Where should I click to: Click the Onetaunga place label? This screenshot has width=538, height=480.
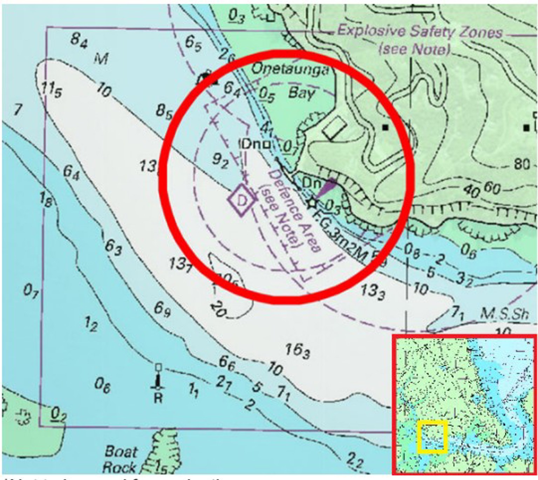tap(290, 69)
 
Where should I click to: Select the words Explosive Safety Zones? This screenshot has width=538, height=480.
tap(420, 32)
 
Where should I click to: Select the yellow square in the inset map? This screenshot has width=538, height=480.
tap(433, 437)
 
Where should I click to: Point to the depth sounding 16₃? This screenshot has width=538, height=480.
tap(297, 350)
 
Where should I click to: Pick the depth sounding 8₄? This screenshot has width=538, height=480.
tap(79, 41)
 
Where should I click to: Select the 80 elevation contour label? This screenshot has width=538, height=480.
tap(522, 164)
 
